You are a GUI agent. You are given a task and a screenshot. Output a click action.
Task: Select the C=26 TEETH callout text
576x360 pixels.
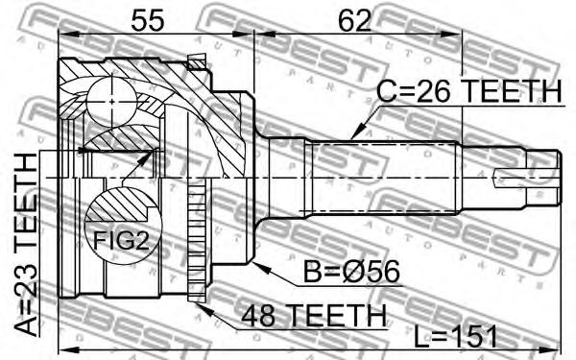point(469,91)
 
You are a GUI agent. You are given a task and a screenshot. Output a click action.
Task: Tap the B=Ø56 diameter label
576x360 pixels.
point(351,273)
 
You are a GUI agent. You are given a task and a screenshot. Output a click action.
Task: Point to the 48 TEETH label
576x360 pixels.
point(313,316)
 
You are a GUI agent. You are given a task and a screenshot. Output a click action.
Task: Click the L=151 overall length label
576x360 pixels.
point(455,336)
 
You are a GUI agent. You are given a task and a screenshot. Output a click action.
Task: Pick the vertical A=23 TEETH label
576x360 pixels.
point(27,244)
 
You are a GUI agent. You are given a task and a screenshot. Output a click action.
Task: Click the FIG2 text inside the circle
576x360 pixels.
point(121,241)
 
